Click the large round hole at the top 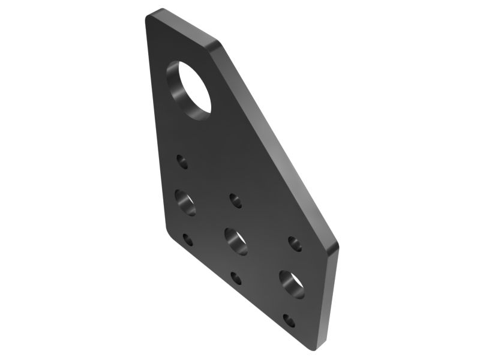pos(191,89)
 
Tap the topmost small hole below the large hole pos(182,161)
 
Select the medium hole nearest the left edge pos(186,202)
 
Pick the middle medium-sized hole pos(236,241)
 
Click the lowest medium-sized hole pos(292,284)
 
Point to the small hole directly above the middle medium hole pos(236,200)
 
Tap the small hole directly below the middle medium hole pos(236,278)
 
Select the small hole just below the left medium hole pos(188,239)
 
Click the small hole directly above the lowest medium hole pos(295,243)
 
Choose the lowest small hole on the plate pos(289,320)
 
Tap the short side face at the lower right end pos(332,297)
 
